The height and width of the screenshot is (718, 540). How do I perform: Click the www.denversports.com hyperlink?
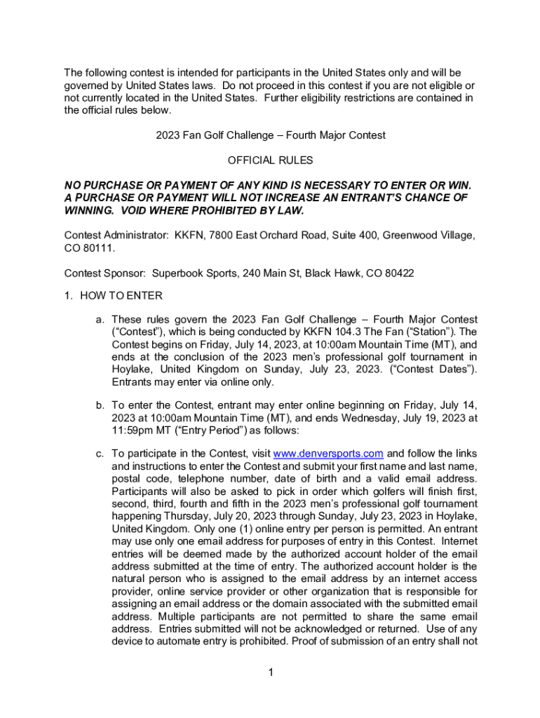tap(328, 453)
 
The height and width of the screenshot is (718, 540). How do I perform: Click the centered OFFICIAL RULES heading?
tap(270, 161)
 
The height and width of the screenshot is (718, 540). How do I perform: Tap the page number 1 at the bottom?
tap(270, 674)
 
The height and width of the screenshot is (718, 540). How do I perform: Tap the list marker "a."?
tap(101, 320)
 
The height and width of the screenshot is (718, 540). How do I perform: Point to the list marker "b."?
tap(101, 405)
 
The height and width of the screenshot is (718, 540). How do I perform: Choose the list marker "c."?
tap(101, 453)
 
